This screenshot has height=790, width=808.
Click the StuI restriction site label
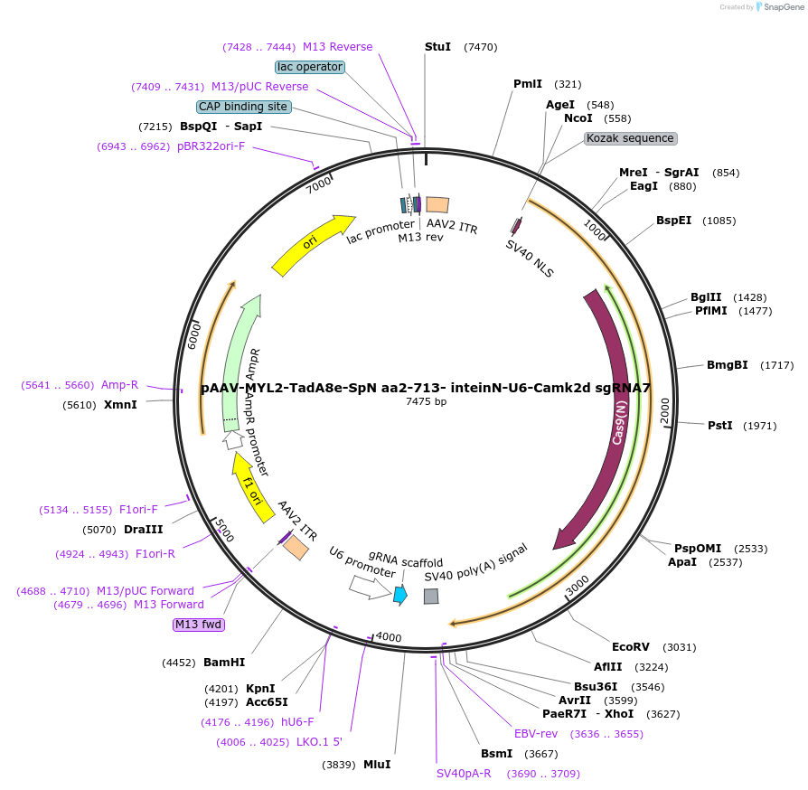pos(437,47)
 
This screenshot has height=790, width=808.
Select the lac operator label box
pos(309,67)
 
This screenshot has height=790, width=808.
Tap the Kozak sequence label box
pos(630,138)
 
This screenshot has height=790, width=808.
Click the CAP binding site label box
pos(243,107)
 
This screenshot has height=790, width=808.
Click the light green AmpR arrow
pos(240,362)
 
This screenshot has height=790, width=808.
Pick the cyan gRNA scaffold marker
pos(400,594)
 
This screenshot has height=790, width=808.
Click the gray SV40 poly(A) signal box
pos(431,596)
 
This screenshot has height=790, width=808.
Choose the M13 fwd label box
pos(198,625)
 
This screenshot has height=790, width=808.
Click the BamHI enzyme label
pos(224,663)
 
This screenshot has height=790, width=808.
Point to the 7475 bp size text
pos(426,401)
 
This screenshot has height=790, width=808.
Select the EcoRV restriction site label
pos(631,646)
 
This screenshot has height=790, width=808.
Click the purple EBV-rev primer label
pos(536,733)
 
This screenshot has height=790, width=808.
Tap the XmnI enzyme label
pos(120,405)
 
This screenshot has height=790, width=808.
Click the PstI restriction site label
pos(720,425)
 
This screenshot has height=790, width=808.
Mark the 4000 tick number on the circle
pos(389,637)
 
